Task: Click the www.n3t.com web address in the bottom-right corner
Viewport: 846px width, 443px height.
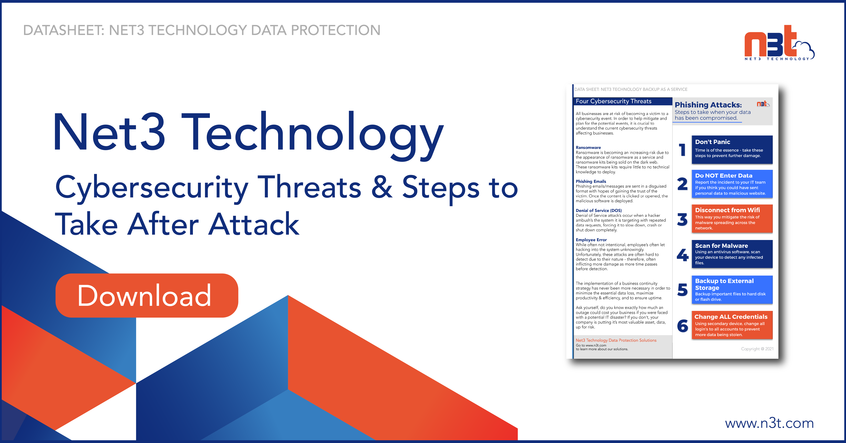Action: (769, 423)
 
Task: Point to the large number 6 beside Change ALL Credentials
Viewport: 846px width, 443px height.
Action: (682, 326)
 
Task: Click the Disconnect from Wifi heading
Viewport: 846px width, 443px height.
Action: (727, 210)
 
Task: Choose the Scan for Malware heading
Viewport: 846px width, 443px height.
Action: (721, 246)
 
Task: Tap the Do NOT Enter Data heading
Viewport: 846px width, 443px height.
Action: (723, 176)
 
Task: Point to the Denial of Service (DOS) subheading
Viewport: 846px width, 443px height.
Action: (598, 211)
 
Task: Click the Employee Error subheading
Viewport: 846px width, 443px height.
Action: (591, 240)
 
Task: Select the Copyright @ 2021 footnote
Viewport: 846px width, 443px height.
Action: (757, 349)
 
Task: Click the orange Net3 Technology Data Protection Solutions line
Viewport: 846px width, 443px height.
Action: (616, 340)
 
